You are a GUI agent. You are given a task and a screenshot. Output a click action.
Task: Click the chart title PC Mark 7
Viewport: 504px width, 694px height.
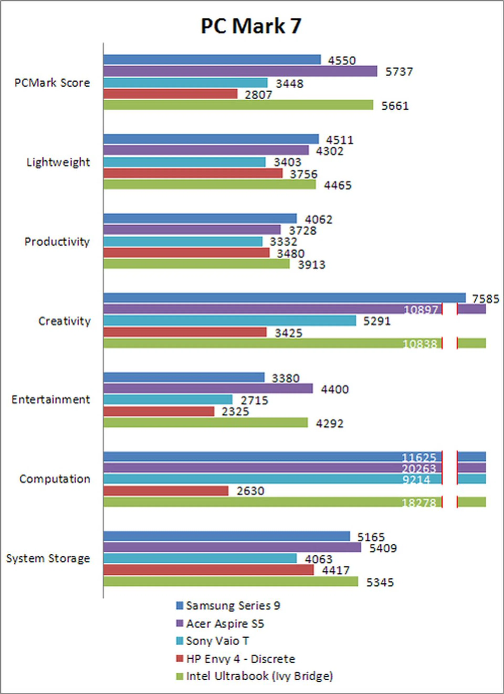click(251, 26)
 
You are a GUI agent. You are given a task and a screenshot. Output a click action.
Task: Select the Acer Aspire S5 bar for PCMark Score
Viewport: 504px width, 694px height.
click(240, 71)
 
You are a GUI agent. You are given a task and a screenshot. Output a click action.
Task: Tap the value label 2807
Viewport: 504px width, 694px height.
click(258, 95)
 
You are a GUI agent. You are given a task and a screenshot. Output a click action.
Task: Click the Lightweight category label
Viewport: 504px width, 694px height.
click(58, 162)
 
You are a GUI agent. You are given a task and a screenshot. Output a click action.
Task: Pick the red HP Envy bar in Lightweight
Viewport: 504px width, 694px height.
click(193, 173)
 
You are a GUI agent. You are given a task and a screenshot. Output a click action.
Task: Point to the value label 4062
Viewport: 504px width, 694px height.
click(318, 219)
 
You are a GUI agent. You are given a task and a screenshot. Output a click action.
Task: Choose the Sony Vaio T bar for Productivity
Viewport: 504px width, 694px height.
click(183, 242)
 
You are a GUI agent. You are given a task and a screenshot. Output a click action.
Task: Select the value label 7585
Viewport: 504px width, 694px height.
click(486, 299)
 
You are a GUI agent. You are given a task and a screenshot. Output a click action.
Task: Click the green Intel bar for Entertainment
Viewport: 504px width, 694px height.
click(206, 423)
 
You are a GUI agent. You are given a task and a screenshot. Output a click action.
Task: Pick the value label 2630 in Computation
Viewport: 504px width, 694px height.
click(250, 491)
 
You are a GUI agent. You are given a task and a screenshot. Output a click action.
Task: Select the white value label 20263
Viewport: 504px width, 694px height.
click(419, 468)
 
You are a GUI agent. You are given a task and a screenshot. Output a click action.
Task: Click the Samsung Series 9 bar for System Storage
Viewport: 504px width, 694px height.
click(227, 536)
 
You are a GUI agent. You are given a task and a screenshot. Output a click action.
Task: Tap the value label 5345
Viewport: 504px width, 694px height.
click(380, 582)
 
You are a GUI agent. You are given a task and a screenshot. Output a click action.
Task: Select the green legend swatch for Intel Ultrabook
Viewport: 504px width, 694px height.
click(180, 677)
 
